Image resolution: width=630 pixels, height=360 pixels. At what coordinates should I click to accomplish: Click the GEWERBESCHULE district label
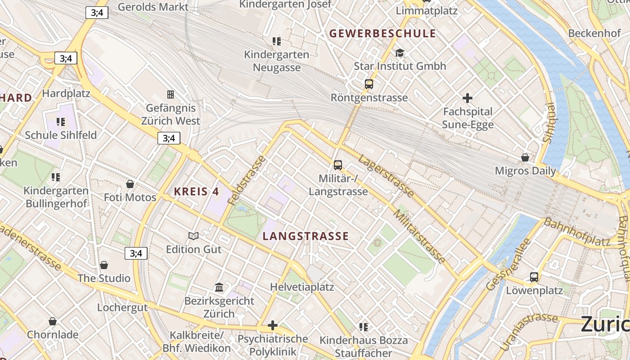tap(382, 34)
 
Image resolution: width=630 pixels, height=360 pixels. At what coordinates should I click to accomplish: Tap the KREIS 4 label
tap(196, 192)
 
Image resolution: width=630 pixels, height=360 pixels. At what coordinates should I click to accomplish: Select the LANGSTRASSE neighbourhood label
tap(306, 236)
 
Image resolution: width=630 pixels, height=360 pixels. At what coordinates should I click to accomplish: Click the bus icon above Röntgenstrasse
tap(369, 84)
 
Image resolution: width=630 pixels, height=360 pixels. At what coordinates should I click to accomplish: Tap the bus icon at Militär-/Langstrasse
tap(338, 165)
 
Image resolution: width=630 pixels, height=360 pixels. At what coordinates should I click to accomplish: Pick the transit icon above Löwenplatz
tap(534, 277)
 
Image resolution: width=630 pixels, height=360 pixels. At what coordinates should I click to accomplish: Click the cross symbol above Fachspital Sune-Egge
tap(468, 98)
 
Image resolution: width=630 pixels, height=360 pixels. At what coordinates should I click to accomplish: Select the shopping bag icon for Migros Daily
tap(525, 157)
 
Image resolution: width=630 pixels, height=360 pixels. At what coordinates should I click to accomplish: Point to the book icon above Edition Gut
tap(193, 236)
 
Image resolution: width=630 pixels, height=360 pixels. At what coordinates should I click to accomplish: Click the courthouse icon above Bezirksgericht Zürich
tap(219, 287)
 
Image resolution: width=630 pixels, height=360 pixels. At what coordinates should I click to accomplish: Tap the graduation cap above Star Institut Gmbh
tap(400, 53)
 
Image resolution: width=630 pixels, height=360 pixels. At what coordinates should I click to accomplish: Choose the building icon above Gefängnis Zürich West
tap(171, 94)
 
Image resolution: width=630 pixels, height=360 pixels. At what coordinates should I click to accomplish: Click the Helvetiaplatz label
tap(302, 287)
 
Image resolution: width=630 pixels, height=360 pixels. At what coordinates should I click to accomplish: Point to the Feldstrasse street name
tap(247, 180)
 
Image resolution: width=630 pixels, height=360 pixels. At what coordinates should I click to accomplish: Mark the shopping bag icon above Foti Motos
tap(130, 184)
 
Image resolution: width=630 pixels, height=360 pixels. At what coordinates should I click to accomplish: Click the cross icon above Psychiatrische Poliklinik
tap(272, 325)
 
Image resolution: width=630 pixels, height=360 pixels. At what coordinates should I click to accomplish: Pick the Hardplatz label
tap(66, 94)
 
